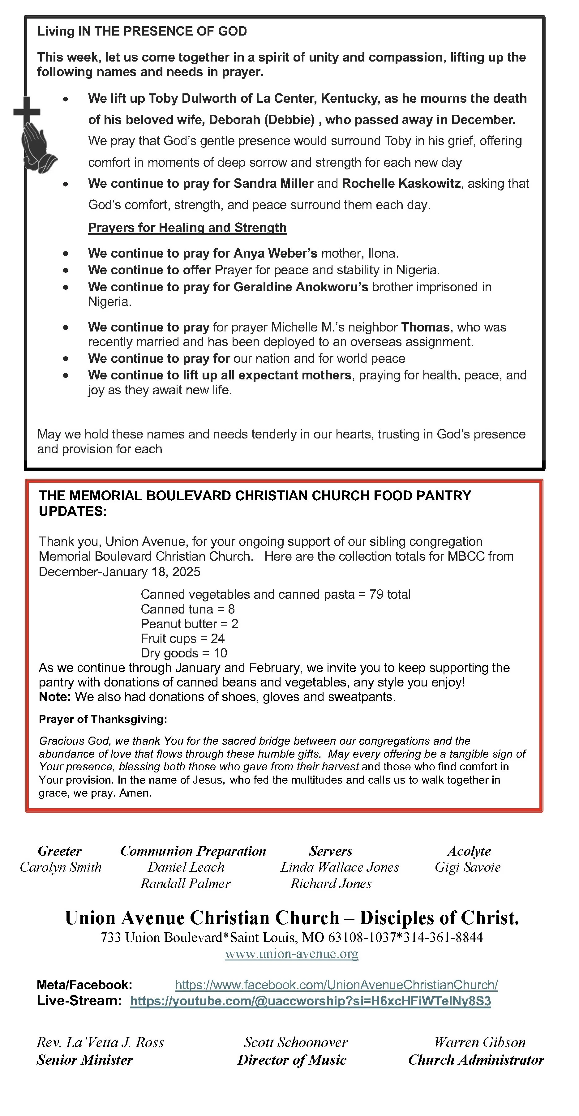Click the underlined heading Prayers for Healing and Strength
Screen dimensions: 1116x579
187,228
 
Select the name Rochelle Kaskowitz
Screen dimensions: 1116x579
401,183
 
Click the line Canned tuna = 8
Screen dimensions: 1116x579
188,609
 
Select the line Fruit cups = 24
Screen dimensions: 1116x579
182,638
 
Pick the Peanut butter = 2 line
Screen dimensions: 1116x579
189,624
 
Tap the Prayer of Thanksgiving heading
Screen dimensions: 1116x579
103,719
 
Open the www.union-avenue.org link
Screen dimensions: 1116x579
292,954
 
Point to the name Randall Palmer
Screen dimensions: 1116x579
186,883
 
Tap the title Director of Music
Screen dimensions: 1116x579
292,1060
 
